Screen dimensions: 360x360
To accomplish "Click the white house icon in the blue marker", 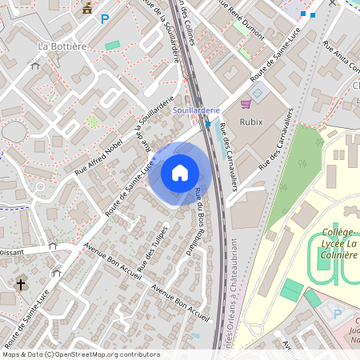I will tap(179, 172).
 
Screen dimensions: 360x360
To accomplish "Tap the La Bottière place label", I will tap(62, 46).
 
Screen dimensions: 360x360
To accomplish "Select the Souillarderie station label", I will tap(196, 113).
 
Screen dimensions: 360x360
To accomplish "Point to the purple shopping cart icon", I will tap(246, 104).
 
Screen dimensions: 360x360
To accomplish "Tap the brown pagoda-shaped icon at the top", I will tap(86, 9).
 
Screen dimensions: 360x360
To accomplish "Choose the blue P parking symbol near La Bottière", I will tap(104, 18).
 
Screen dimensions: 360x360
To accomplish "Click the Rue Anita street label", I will tap(341, 56).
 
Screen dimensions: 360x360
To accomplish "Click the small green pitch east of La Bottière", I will tap(112, 45).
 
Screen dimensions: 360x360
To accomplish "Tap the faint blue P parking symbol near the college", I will tap(337, 314).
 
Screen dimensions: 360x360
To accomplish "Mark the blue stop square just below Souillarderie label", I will tap(208, 124).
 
